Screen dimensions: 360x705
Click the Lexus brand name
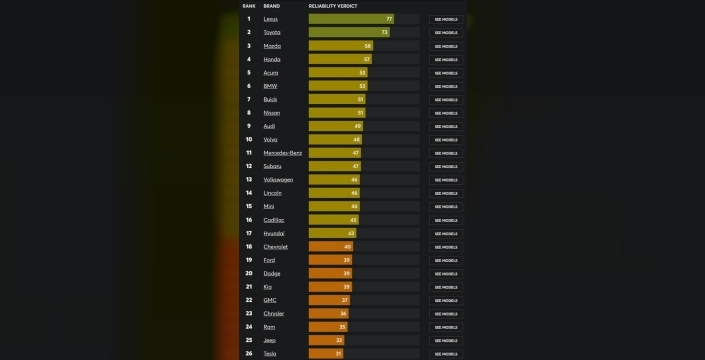(270, 19)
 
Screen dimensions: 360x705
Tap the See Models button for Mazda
(446, 46)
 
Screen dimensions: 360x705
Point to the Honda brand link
(271, 59)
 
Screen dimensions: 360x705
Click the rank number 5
(249, 73)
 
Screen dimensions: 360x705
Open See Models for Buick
(446, 99)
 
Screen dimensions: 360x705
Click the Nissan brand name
(272, 113)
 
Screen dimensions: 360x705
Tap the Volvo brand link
(270, 139)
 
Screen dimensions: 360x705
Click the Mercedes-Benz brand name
(282, 153)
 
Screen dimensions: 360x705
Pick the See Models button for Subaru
(446, 166)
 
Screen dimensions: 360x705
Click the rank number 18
(249, 246)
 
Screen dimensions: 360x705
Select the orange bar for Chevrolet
(331, 246)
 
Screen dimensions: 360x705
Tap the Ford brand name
(269, 259)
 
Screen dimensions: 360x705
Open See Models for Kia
(446, 286)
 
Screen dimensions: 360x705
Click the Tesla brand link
(270, 353)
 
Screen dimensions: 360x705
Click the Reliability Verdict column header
(333, 6)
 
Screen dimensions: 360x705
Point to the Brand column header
(271, 6)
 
